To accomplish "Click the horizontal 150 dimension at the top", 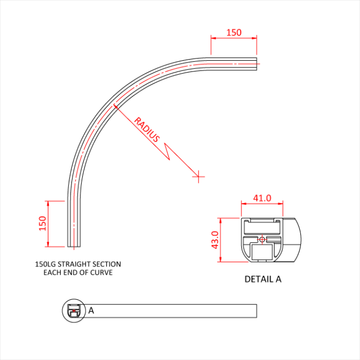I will tap(233, 32).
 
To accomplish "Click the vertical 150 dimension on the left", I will tap(42, 223).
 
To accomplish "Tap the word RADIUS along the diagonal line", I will tap(147, 130).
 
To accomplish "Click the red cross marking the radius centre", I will tap(198, 176).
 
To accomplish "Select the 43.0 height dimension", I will tap(215, 240).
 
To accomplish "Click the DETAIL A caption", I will tap(263, 279).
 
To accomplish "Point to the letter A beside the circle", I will tap(91, 310).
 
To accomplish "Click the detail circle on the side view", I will tap(73, 310).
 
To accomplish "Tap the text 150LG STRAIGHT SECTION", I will tap(78, 264).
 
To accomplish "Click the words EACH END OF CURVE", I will tap(78, 272).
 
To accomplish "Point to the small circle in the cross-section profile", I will tap(262, 239).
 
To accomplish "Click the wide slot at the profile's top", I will tap(262, 227).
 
